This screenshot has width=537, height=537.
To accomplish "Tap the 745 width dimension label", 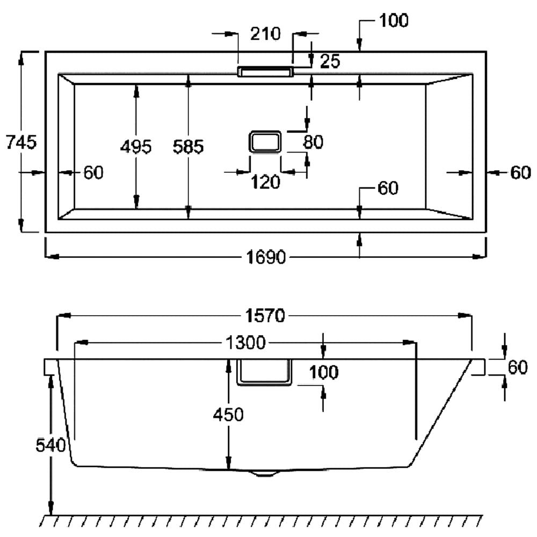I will pos(20,143).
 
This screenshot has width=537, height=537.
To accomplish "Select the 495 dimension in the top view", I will pos(136,147).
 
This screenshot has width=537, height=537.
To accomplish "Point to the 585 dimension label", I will pos(188,147).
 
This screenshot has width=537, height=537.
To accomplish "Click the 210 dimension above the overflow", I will pos(265,34).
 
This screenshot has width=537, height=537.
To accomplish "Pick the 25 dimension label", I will pos(330,61).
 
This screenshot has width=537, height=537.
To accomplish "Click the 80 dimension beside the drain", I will pos(313,142).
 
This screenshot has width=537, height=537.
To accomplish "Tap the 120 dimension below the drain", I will pos(265,183).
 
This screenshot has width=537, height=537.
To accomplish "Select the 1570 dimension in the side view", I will pos(265,316).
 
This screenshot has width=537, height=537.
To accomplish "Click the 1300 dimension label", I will pos(245,342).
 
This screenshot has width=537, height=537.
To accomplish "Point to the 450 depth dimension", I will pos(228,415).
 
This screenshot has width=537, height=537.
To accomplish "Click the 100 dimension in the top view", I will pos(394,21).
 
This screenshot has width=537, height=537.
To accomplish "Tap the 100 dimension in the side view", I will pos(323,372).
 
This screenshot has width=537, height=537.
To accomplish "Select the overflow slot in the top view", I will pos(265,72).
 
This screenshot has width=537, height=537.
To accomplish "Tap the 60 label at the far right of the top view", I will pos(520,172).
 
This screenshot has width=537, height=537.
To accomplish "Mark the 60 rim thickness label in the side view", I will pos(518,367).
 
